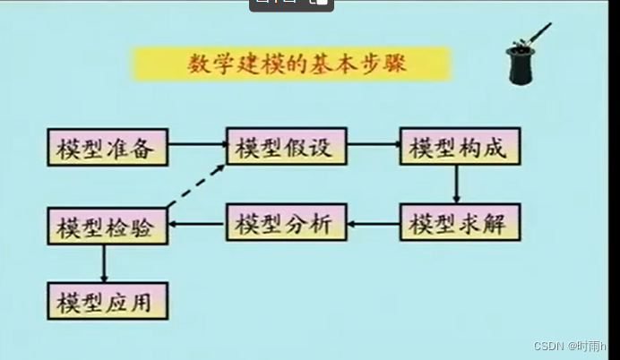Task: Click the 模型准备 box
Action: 108,147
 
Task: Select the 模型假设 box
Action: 286,146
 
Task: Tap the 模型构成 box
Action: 458,146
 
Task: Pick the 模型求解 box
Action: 458,222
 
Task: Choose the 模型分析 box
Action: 286,222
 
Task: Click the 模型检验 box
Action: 108,225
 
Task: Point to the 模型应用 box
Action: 108,301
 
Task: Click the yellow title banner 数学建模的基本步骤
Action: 291,64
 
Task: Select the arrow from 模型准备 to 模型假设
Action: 197,143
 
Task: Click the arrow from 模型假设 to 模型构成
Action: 373,143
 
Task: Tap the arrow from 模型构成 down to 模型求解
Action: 456,184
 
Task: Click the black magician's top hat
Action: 521,64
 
